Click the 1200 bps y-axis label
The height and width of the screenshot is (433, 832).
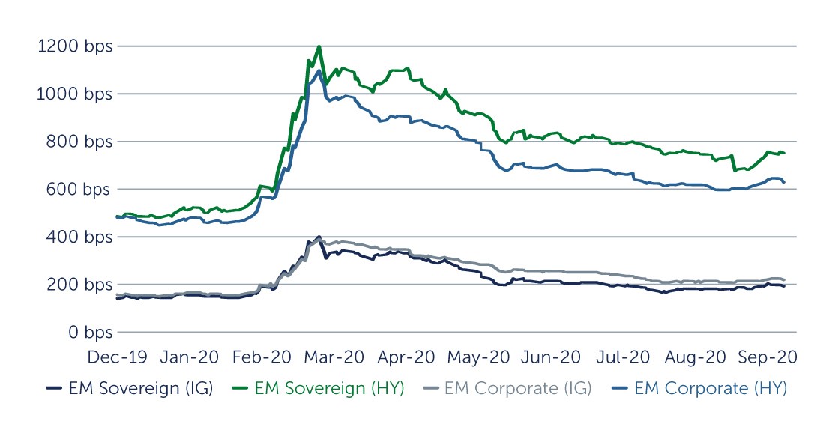click(74, 46)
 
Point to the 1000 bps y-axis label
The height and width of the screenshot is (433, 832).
click(74, 94)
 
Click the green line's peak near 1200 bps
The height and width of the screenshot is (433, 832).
click(319, 47)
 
